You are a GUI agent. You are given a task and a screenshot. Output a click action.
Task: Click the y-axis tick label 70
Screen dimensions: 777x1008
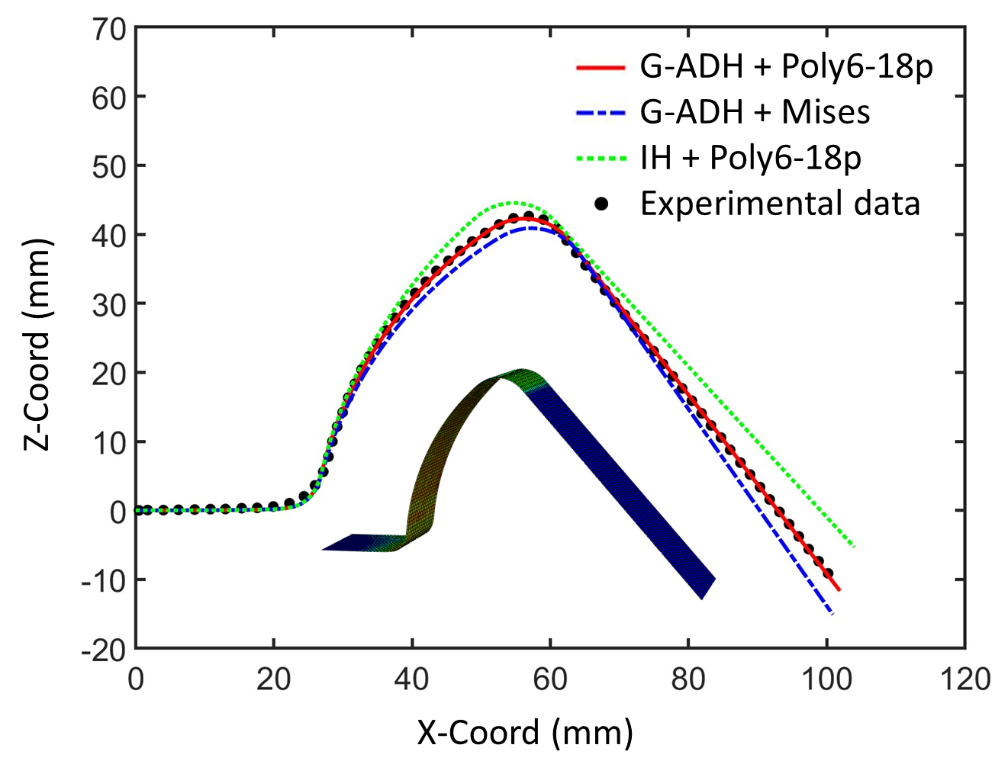(x=108, y=30)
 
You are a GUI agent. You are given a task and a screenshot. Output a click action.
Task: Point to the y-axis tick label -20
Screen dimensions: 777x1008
(x=103, y=650)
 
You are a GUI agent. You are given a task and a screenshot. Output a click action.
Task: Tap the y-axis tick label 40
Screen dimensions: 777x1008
(x=108, y=236)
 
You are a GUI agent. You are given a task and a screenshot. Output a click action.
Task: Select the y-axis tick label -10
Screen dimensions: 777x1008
(x=103, y=581)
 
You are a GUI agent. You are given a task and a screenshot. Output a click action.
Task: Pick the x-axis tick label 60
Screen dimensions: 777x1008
(x=550, y=679)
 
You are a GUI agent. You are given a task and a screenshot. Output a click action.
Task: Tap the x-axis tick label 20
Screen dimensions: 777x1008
(x=273, y=679)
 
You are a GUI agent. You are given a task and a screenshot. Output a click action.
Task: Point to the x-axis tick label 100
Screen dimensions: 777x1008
(x=826, y=679)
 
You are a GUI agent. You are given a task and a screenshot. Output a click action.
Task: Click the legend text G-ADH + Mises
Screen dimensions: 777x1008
(x=755, y=112)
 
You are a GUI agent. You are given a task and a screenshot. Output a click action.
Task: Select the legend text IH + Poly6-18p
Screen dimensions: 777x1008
(x=750, y=158)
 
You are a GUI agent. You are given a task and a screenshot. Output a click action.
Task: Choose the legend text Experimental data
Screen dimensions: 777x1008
(x=780, y=204)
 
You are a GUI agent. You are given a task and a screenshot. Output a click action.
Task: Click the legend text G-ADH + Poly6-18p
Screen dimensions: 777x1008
(x=786, y=67)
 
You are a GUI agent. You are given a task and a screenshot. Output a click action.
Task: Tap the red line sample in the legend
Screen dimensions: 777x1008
(x=601, y=67)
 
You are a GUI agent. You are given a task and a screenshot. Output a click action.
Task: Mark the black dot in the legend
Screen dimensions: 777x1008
(x=602, y=204)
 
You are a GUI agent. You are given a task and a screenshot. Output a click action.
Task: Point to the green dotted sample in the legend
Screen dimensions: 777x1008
(x=601, y=158)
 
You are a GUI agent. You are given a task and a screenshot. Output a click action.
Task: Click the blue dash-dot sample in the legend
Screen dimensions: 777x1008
(x=601, y=113)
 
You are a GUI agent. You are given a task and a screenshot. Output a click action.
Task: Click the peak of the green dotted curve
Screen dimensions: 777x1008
(x=513, y=203)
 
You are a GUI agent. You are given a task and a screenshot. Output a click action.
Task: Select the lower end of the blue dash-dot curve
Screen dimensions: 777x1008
(x=832, y=613)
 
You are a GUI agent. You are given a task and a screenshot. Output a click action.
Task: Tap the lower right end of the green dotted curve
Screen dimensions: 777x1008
(x=853, y=546)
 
